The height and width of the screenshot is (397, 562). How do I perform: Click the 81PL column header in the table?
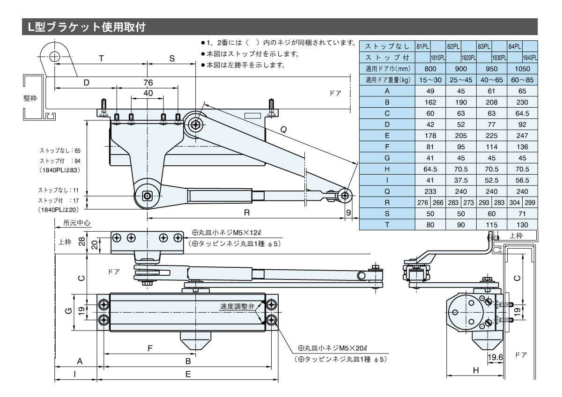[422, 46]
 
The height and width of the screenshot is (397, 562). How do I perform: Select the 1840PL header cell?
[530, 57]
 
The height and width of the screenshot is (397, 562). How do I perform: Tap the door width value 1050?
[522, 68]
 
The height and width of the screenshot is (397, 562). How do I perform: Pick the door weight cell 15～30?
[430, 80]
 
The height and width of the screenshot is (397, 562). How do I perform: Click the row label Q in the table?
[387, 191]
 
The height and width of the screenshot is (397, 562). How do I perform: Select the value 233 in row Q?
[430, 191]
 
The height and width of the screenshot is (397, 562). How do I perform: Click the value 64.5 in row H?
[430, 169]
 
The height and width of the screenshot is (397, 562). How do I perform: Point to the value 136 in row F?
[522, 147]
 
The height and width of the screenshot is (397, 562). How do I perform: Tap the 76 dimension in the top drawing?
[148, 83]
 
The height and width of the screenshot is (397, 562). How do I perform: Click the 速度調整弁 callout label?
[237, 307]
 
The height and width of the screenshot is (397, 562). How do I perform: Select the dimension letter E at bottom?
[188, 374]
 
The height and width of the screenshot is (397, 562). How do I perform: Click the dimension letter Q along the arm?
[283, 131]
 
